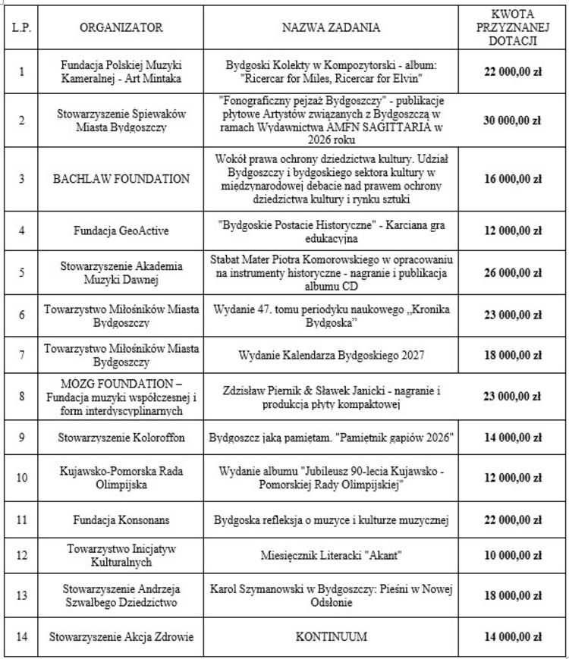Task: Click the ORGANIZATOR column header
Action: (x=121, y=27)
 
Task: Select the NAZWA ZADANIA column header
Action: (x=332, y=27)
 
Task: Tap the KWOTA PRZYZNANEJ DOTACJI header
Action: (x=514, y=27)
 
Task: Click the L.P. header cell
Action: (x=20, y=27)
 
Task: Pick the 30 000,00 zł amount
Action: (x=514, y=120)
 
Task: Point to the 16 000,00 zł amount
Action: (x=514, y=179)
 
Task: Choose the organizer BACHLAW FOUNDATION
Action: (x=121, y=179)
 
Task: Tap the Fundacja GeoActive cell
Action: (x=121, y=228)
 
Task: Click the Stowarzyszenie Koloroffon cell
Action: (x=121, y=438)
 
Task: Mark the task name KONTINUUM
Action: (x=332, y=636)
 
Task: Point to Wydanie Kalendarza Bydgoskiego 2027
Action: (x=332, y=354)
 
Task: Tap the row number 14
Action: (x=20, y=636)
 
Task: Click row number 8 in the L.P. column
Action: (x=20, y=395)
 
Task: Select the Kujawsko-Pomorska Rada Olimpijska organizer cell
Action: (x=121, y=479)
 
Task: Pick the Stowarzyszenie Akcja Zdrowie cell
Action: (x=121, y=636)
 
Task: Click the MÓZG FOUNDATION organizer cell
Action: (x=121, y=395)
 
